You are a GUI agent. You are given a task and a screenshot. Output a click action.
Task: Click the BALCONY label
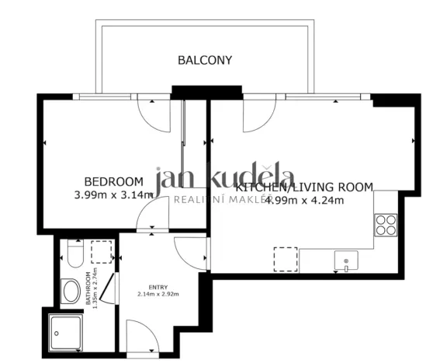click(x=205, y=60)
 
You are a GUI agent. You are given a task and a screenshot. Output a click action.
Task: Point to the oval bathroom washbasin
click(x=72, y=293)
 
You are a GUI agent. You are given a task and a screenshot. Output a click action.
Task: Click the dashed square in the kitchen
click(x=286, y=259)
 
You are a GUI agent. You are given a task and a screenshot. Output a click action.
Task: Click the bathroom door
click(x=109, y=289)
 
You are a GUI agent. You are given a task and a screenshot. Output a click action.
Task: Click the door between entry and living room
click(x=191, y=252)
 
